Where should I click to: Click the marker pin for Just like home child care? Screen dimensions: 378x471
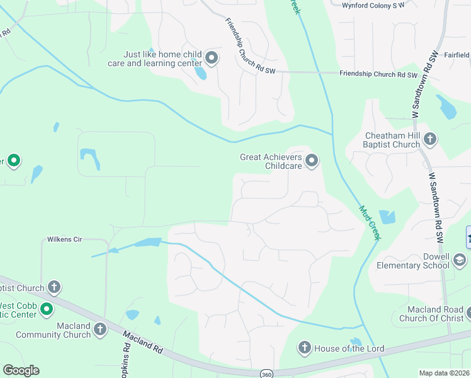(x=212, y=59)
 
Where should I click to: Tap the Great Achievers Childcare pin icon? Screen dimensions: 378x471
(x=311, y=161)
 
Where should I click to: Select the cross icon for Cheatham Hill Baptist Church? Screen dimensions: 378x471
(x=430, y=139)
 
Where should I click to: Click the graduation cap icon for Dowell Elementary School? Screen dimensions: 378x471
(x=460, y=260)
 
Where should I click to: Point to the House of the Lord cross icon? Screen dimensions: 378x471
(x=304, y=348)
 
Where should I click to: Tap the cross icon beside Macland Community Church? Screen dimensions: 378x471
(x=100, y=329)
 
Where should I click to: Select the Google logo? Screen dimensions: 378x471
(x=21, y=370)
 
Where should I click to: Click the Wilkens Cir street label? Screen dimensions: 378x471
(x=65, y=239)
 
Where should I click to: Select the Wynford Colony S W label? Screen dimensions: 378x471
(x=372, y=5)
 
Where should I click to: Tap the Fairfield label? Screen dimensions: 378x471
(x=458, y=55)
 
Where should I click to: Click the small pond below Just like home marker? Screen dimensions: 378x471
(x=200, y=73)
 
